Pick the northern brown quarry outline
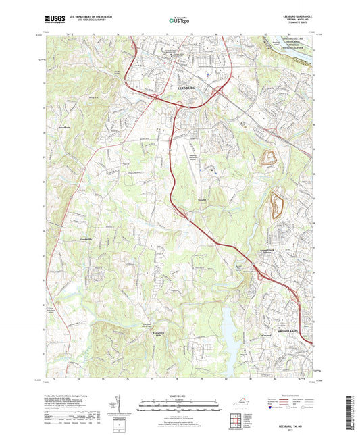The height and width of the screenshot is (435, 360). [269, 159]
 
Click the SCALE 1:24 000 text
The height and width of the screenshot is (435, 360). [180, 395]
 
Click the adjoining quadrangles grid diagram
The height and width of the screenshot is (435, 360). [237, 420]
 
